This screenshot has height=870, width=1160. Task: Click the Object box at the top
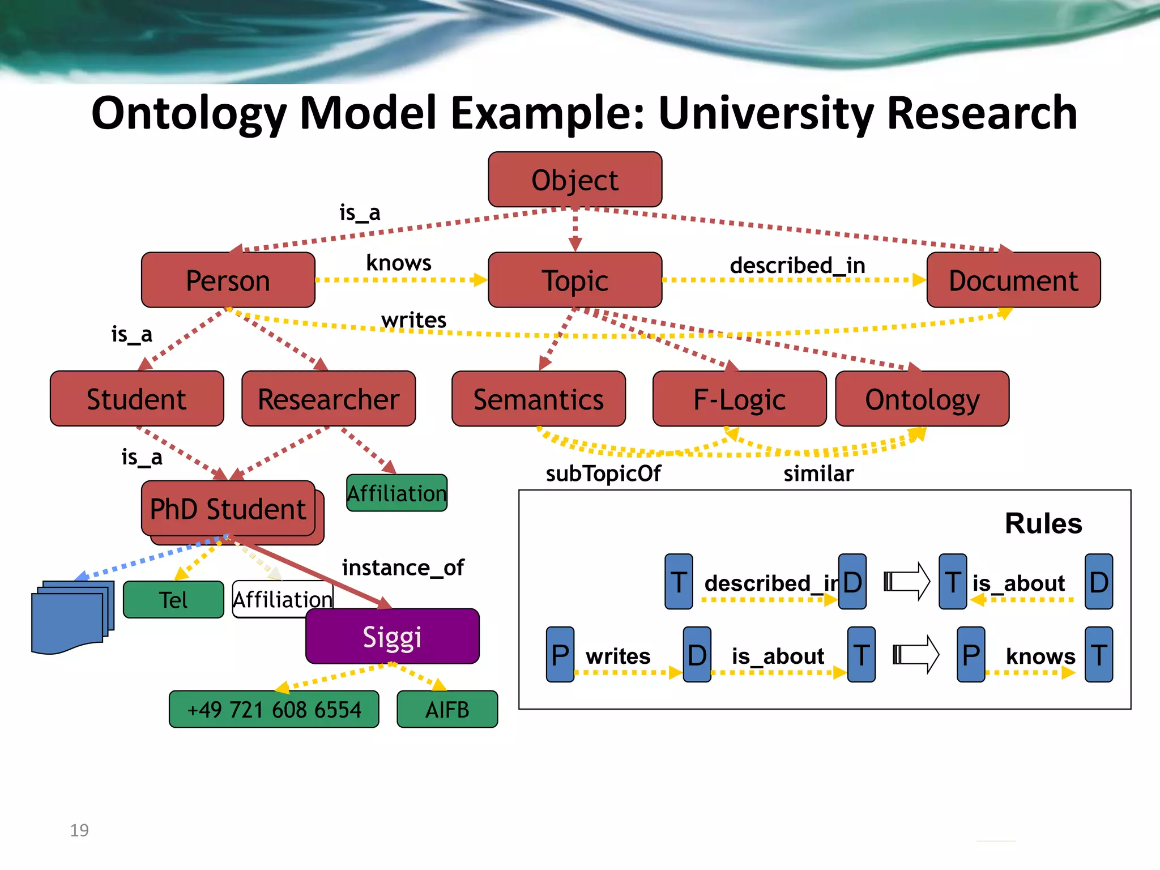tap(575, 180)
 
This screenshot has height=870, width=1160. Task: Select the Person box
tap(228, 280)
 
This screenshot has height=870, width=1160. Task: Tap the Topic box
tap(575, 280)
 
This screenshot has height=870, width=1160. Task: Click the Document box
tap(1013, 280)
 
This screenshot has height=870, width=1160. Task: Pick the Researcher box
tap(329, 399)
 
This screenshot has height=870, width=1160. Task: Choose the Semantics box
tap(538, 399)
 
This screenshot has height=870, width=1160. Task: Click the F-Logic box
tap(739, 399)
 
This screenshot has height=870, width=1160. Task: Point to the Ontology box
tap(922, 399)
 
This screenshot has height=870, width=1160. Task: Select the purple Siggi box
tap(392, 636)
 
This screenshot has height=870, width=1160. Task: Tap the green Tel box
tap(173, 600)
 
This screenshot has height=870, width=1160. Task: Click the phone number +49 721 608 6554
tap(274, 709)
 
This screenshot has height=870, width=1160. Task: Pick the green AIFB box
tap(447, 709)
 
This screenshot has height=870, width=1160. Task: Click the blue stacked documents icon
tap(71, 617)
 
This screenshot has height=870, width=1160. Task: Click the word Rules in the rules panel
tap(1043, 523)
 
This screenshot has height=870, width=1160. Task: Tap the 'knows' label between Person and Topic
tap(399, 263)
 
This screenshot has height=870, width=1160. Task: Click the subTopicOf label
tap(603, 474)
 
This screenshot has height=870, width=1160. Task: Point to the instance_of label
tap(403, 567)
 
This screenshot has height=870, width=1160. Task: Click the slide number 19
tap(79, 830)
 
